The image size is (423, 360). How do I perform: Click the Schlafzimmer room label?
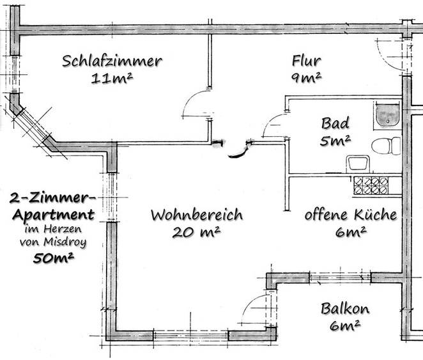pos(112,61)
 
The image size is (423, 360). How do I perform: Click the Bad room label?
pos(335,123)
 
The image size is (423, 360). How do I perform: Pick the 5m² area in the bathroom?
pos(335,141)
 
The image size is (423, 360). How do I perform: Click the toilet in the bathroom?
pos(386,146)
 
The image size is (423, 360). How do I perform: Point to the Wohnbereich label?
pos(196,215)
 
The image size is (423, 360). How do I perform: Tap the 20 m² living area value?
pos(196,232)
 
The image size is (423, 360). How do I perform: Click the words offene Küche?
pos(350,214)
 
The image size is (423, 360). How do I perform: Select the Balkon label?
pos(345,309)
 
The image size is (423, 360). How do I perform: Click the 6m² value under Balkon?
pos(345,325)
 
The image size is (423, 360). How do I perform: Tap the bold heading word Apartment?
pos(53,214)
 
